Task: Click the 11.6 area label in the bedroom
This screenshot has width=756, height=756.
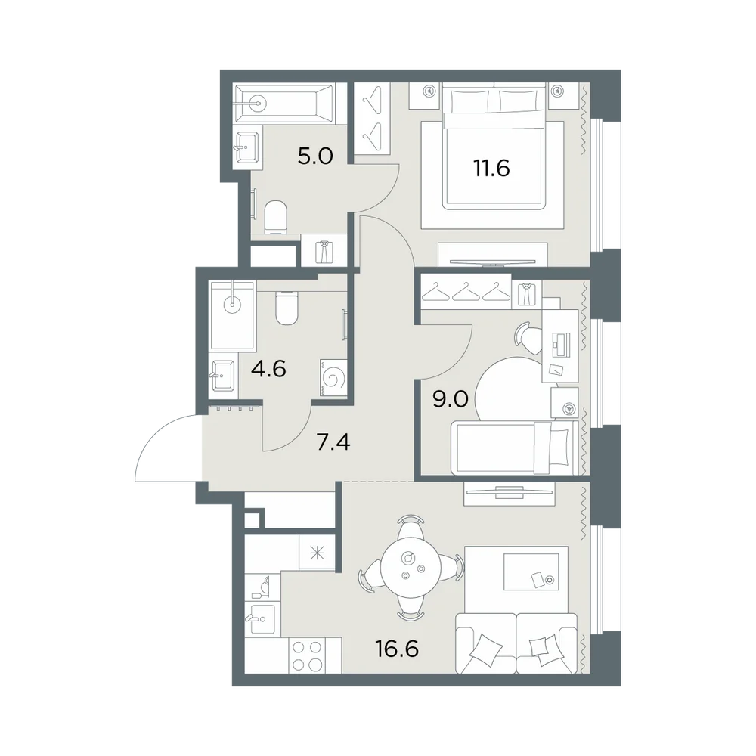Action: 491,169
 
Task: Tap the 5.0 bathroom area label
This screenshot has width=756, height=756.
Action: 315,156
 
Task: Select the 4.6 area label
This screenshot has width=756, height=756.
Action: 268,370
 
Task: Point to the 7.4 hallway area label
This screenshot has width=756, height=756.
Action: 333,442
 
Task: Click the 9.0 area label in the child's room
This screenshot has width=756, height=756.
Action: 451,400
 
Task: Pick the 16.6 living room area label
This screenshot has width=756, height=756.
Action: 397,649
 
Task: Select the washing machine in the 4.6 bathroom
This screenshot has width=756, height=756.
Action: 332,378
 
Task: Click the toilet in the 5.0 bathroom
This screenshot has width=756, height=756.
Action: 276,216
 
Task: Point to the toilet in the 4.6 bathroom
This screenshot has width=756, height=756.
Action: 287,308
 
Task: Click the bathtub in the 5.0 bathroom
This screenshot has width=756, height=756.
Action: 283,101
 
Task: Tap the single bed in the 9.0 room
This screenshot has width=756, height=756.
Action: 514,448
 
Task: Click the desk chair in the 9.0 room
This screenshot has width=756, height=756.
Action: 528,338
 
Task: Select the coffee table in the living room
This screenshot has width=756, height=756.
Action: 531,572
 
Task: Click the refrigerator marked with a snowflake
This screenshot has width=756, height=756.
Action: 317,553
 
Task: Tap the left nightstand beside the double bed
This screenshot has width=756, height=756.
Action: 424,95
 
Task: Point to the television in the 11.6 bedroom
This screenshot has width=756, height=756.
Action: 492,262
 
